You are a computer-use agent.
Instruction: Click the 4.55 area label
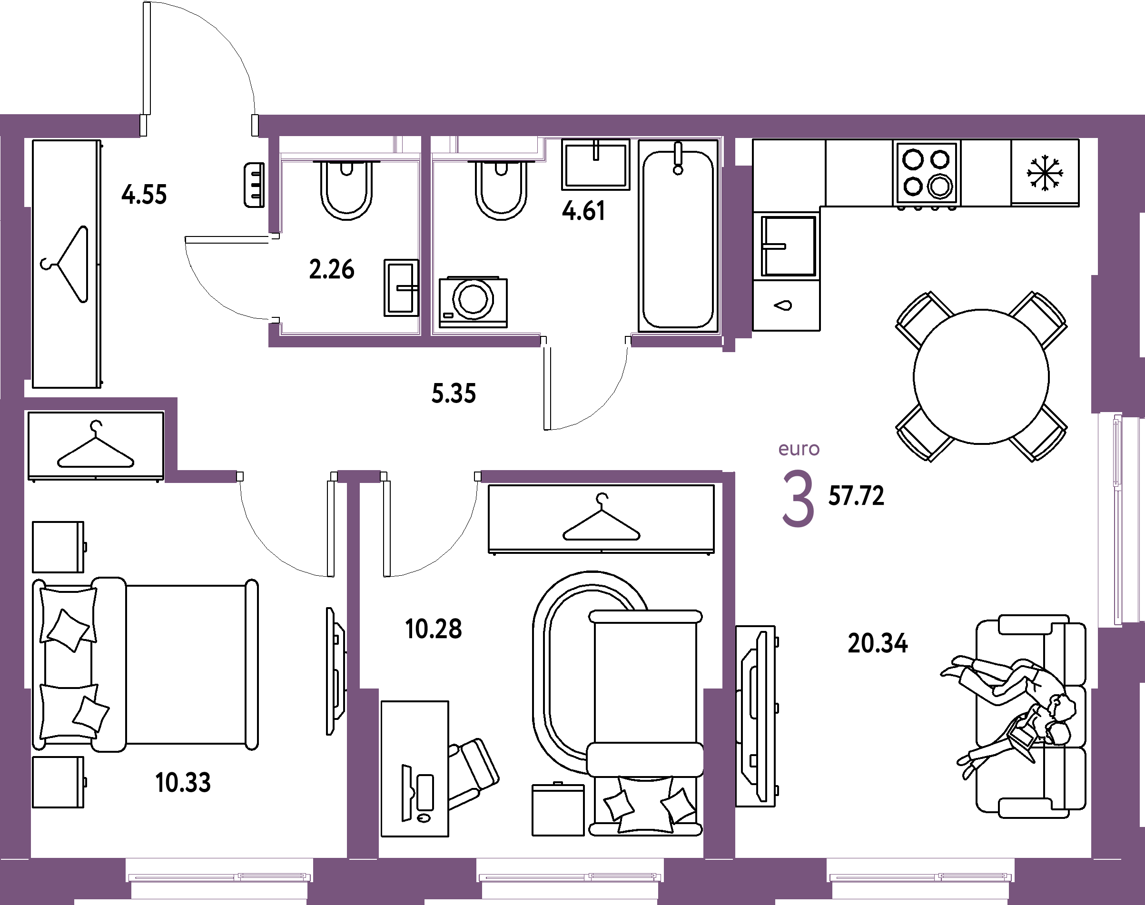tap(144, 195)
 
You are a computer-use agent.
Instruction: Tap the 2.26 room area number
tap(332, 270)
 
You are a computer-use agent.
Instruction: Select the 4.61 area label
tap(583, 211)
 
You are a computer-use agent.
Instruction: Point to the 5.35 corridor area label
tap(454, 394)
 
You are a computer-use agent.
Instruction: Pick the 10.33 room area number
tap(184, 783)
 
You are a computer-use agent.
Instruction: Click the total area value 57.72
tap(856, 496)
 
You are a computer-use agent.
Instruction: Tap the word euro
tap(799, 449)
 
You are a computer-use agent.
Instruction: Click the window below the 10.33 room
tap(219, 877)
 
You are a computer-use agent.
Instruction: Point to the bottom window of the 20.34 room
tap(921, 877)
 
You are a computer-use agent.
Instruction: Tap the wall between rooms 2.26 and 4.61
tap(426, 238)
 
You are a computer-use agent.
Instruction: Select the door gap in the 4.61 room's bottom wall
tap(585, 340)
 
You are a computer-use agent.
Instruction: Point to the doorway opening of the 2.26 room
tap(275, 278)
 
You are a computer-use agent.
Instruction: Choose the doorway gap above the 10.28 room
tap(430, 477)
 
